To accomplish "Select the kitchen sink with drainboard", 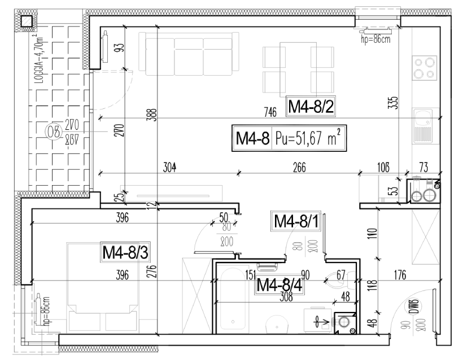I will pos(423,126).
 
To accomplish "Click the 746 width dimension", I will pos(270,112).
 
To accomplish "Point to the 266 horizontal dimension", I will pos(299,167).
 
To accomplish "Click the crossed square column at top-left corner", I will pos(26,21).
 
